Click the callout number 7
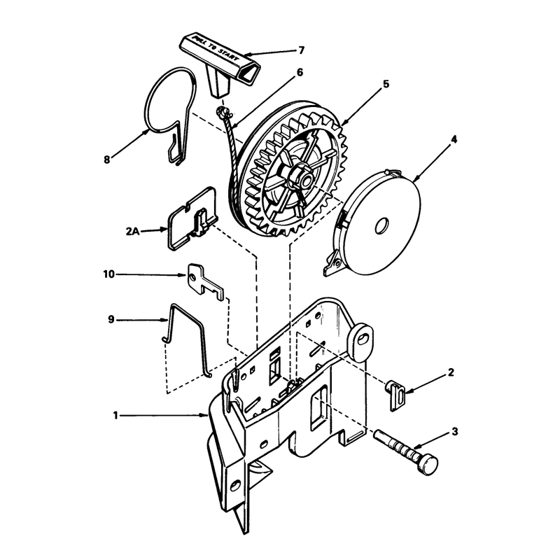pos(302,50)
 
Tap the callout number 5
pos(386,84)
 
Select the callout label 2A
pos(132,232)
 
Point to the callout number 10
pos(108,274)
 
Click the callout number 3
pos(454,432)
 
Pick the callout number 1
pos(115,416)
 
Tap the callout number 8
pos(107,160)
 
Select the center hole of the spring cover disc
pos(381,225)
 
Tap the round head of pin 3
pos(428,464)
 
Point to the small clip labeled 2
pos(395,395)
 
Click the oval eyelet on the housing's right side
pos(361,339)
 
